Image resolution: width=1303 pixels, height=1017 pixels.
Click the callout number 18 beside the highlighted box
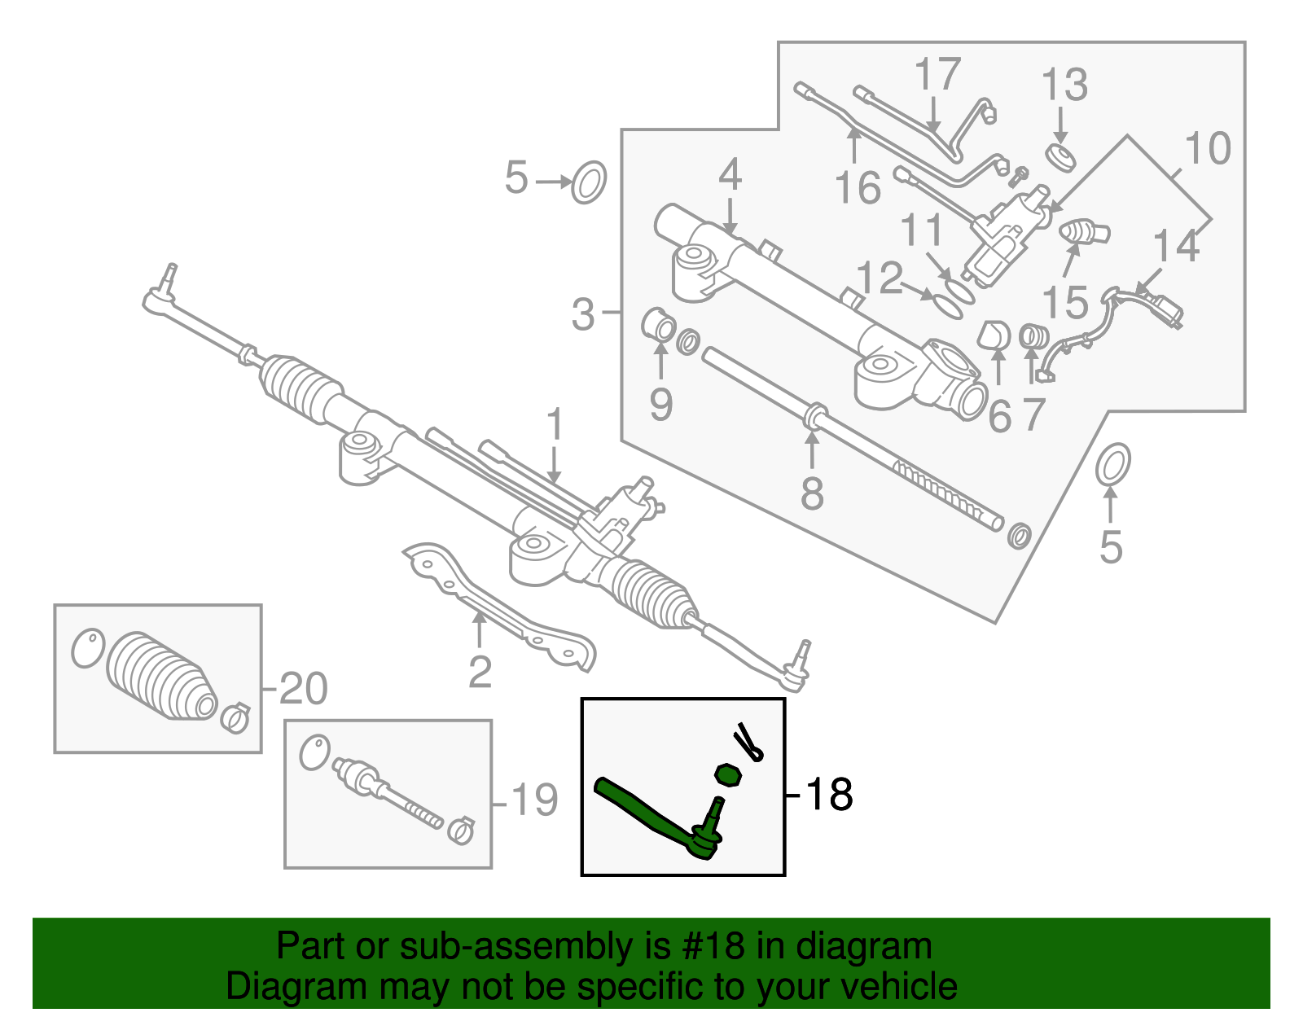829,794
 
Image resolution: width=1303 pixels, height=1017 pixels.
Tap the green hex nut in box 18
728,775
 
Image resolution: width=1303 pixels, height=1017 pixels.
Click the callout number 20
303,689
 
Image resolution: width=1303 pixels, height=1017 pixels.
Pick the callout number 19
533,800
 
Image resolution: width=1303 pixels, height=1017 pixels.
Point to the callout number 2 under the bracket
480,673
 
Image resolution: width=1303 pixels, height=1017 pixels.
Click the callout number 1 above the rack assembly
555,426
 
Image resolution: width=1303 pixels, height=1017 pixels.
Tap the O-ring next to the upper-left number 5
589,182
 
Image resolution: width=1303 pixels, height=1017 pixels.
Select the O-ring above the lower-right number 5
1112,465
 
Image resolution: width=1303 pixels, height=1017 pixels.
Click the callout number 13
1064,85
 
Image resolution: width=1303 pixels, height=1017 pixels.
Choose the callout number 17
937,74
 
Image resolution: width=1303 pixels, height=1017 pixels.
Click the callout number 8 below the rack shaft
812,493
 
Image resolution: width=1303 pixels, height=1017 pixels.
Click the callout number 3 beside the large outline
583,314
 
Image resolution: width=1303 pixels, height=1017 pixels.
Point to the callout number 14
1177,246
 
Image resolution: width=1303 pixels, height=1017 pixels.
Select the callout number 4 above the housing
730,175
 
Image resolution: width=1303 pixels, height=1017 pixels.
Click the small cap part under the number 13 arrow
1060,156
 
